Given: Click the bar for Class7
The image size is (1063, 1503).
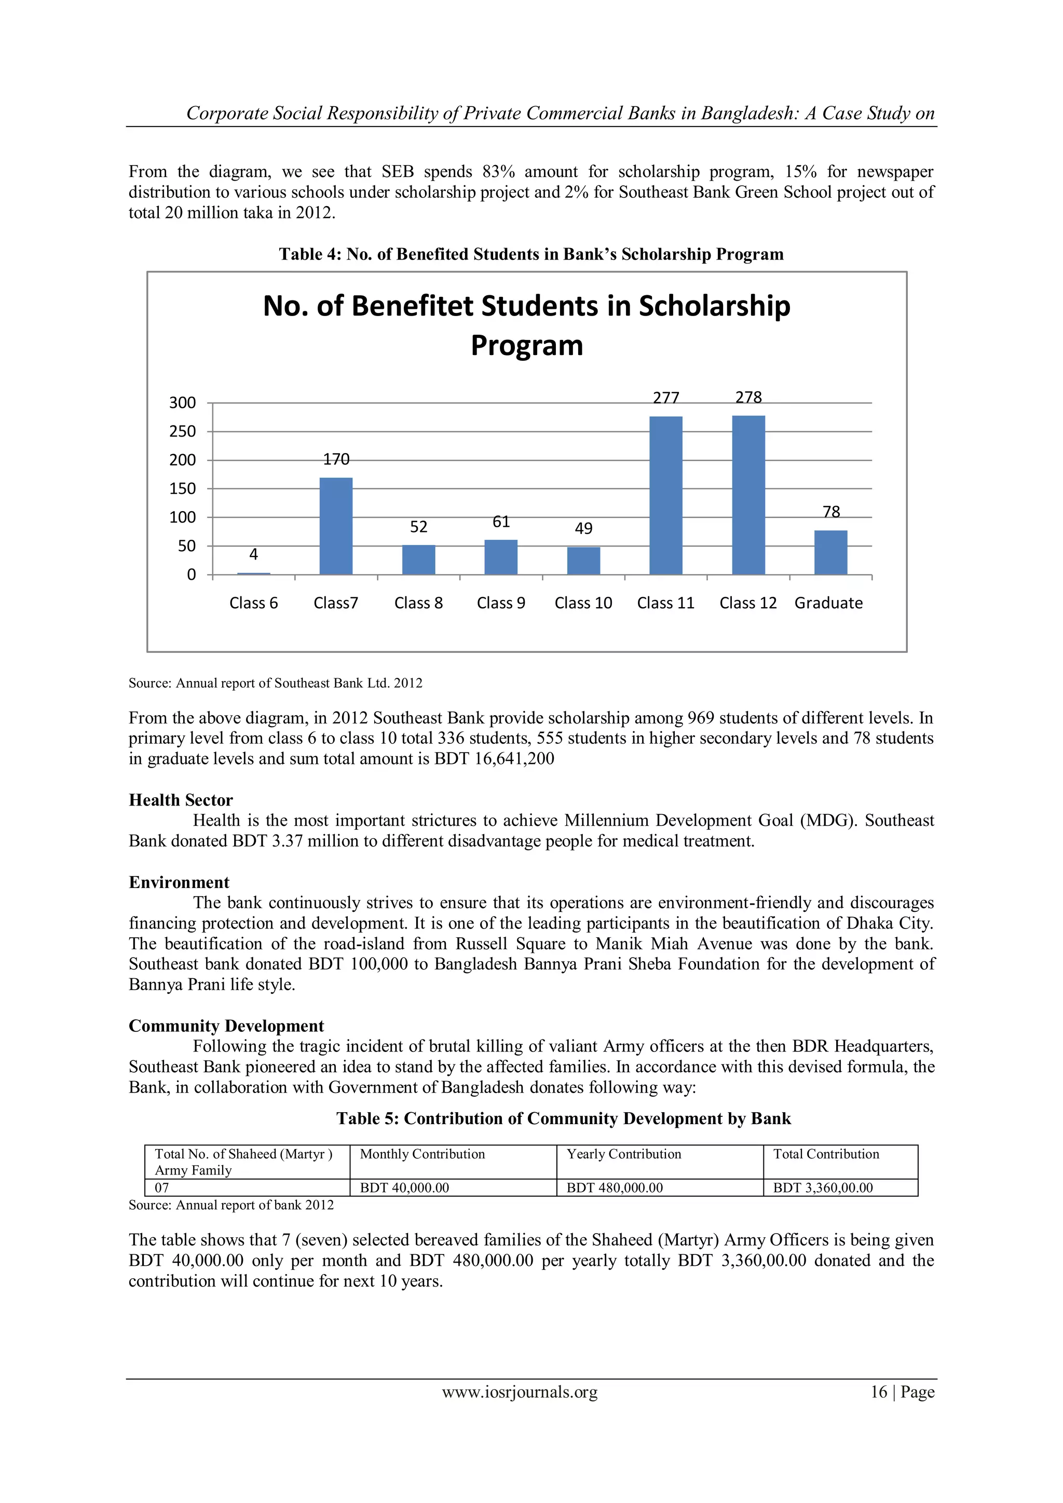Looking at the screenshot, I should click(x=336, y=526).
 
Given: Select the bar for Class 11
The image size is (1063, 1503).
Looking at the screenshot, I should click(x=666, y=496).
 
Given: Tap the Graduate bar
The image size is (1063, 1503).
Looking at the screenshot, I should click(x=830, y=553).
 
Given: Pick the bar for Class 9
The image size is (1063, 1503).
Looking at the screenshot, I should click(x=501, y=557).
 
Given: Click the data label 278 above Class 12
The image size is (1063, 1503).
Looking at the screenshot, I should click(x=748, y=398).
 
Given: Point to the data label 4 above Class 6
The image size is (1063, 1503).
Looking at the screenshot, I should click(x=253, y=554).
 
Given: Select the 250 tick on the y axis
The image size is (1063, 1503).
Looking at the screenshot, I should click(x=183, y=431).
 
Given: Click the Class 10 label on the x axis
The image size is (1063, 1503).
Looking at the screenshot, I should click(x=583, y=603).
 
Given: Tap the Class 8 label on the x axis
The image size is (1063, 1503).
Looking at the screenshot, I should click(x=418, y=603).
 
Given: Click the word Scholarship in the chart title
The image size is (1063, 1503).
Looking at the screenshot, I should click(x=714, y=306).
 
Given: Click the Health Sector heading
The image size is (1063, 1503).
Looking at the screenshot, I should click(x=181, y=800).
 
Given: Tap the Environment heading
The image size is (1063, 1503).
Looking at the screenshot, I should click(x=179, y=882).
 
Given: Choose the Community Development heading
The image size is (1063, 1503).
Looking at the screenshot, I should click(x=226, y=1025).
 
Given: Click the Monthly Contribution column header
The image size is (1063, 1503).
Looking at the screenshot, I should click(x=422, y=1154).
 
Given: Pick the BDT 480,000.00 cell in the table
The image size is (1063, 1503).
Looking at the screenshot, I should click(x=615, y=1187).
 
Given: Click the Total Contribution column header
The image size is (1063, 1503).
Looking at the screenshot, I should click(x=826, y=1154).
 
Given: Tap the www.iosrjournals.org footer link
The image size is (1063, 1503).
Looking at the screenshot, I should click(x=520, y=1392).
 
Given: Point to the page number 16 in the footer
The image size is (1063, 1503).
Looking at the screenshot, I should click(x=878, y=1392).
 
